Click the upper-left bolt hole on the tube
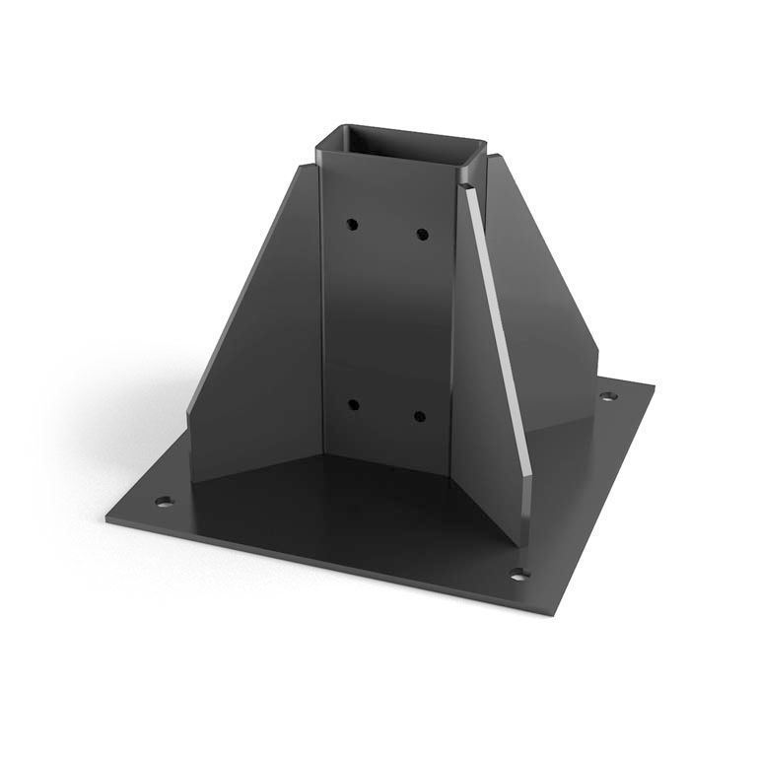point(351,225)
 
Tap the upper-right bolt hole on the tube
point(422,235)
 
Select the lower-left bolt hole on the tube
point(352,404)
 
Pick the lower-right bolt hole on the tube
point(419,416)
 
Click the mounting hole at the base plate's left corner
point(165,501)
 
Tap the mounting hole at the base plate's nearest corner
point(518,574)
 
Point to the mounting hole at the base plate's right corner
point(609,396)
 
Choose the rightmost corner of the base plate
point(654,384)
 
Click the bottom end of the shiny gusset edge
point(527,537)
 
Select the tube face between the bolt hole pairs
point(386,315)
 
